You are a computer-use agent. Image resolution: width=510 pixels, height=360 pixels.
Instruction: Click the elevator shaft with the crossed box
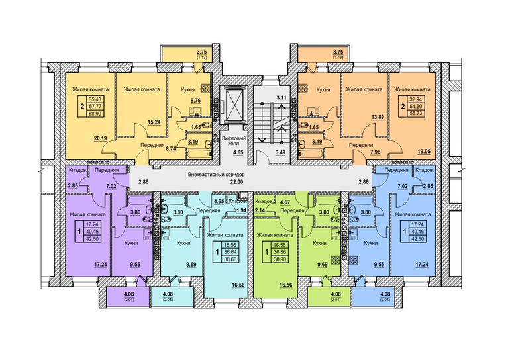tap(234, 104)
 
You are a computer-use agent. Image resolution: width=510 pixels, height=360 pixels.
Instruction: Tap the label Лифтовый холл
tap(234, 141)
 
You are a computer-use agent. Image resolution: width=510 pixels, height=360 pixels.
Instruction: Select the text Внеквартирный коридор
tap(217, 175)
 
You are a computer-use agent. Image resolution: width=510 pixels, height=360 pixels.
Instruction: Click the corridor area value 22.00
tap(236, 182)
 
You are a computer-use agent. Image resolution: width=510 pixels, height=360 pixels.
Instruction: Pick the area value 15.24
tap(159, 122)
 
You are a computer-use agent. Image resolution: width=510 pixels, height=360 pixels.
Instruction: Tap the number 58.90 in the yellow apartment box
tap(96, 113)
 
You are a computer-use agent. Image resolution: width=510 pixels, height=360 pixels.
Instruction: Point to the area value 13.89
tap(378, 127)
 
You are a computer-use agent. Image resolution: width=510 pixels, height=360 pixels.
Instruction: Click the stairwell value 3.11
tap(281, 97)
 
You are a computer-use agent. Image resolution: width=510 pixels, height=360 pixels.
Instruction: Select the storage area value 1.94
tap(240, 210)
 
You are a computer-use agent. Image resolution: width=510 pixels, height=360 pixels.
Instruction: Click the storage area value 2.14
tap(260, 210)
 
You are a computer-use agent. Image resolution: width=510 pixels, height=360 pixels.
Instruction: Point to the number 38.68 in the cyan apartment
tap(229, 259)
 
